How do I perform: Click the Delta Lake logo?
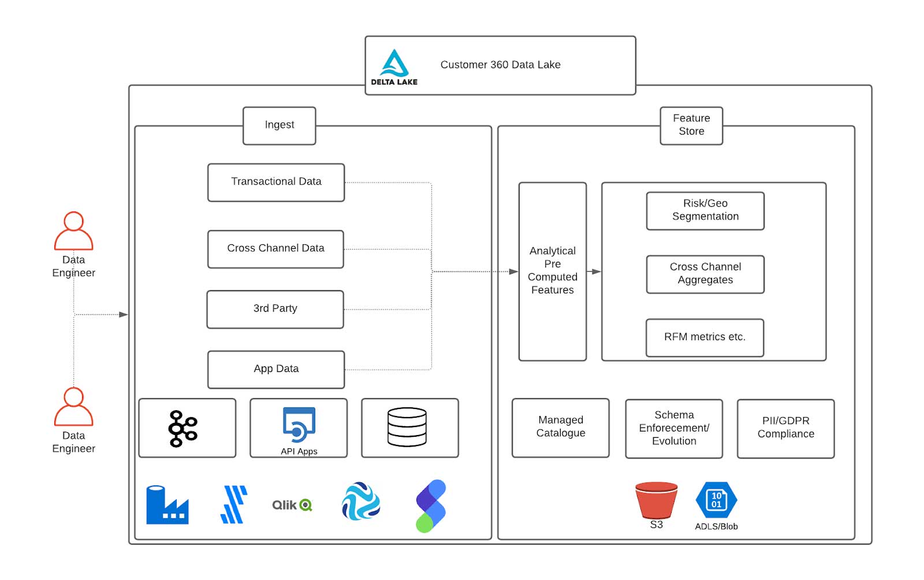[x=394, y=67]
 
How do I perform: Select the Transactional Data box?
[x=276, y=183]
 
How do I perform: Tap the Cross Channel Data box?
[x=275, y=249]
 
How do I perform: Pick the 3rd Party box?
[x=275, y=309]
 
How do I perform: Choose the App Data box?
[x=276, y=369]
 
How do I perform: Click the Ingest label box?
[x=280, y=125]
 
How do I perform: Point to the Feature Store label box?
[x=691, y=125]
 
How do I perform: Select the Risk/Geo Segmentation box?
[x=705, y=210]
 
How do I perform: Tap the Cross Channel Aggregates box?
[x=705, y=274]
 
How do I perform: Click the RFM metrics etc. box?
[x=705, y=337]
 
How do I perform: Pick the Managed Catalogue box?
[x=560, y=427]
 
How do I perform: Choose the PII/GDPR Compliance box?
[x=785, y=428]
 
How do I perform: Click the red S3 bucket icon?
[x=656, y=500]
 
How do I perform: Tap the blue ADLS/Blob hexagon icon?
[x=716, y=500]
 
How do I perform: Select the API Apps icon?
[x=299, y=425]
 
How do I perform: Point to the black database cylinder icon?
[x=407, y=427]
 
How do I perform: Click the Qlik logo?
[x=292, y=505]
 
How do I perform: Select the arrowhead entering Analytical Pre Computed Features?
[x=513, y=272]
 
